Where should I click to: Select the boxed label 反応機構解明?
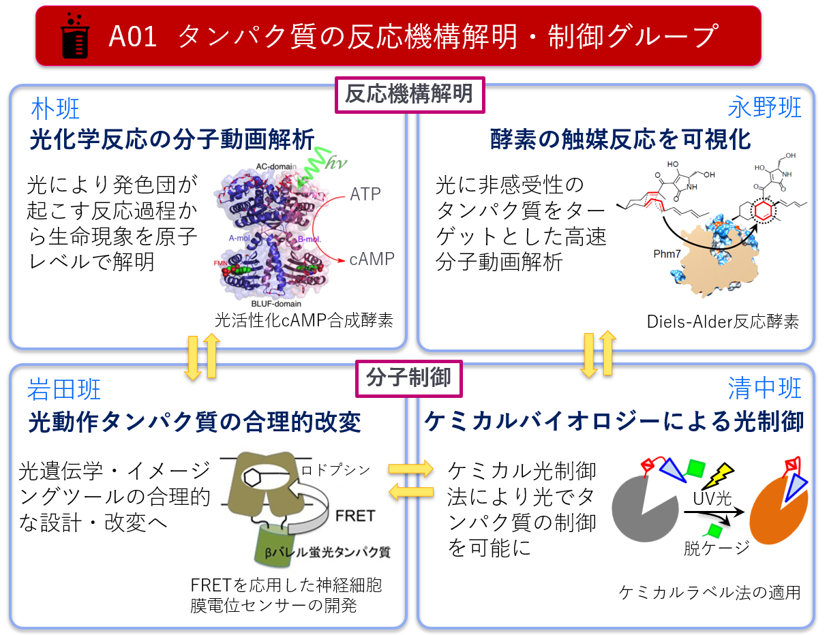point(410,95)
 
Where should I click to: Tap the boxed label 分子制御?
point(408,378)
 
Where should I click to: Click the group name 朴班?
point(55,108)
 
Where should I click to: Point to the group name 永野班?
point(764,107)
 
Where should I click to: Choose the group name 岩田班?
point(63,389)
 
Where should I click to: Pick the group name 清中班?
point(764,388)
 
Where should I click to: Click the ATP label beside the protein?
point(365,194)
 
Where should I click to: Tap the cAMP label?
point(372,259)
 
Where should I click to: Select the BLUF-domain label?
point(276,304)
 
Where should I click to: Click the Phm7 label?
point(667,254)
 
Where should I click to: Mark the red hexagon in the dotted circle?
point(764,211)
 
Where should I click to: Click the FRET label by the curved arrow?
point(355,516)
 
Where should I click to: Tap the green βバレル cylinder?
point(274,545)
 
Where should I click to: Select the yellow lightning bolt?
point(717,476)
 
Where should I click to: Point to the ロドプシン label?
point(335,470)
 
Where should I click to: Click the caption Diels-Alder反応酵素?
point(723,322)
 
